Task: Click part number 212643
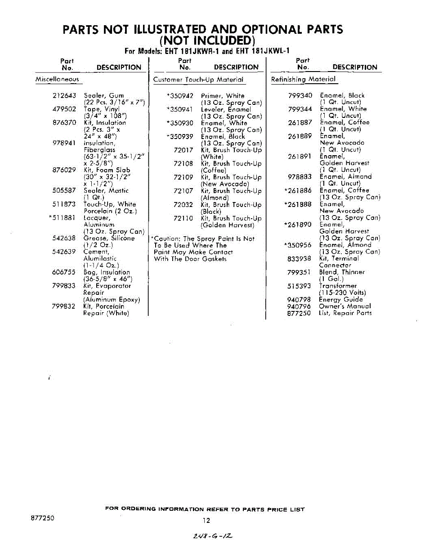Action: coord(64,96)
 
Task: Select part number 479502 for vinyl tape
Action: coord(64,109)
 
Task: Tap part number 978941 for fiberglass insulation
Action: coord(64,143)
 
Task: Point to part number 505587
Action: coord(64,191)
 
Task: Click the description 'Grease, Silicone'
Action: coord(109,238)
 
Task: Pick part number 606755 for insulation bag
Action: coord(64,272)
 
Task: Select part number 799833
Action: coord(64,286)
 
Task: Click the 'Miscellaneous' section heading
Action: coord(57,80)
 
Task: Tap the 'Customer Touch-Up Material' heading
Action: coord(198,80)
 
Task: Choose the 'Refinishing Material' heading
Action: coord(303,80)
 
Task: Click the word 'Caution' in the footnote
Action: coord(166,239)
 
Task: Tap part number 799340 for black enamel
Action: coord(300,95)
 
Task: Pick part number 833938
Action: coord(300,259)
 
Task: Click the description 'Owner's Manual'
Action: coord(345,306)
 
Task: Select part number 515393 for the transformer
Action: coord(300,286)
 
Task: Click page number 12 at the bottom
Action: coord(206,521)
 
